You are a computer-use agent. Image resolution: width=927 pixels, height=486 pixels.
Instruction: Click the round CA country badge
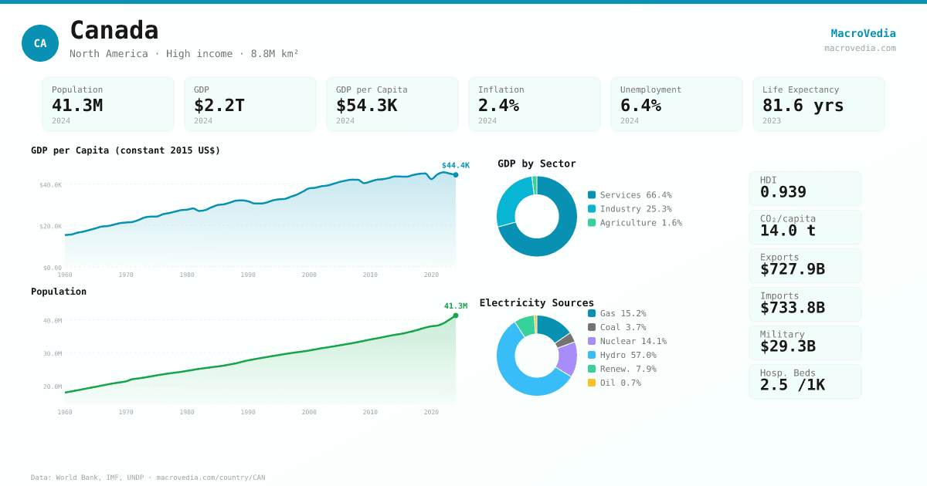(40, 43)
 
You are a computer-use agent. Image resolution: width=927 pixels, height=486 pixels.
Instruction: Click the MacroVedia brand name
(863, 33)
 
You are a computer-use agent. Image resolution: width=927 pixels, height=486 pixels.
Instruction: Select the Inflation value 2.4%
(498, 105)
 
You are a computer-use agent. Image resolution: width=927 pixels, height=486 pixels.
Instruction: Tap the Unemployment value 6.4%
(640, 105)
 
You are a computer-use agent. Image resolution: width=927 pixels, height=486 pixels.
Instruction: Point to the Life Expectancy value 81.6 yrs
(803, 105)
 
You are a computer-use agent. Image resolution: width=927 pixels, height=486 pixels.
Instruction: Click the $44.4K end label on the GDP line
(455, 165)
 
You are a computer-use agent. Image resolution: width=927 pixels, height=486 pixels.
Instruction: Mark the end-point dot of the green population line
(456, 316)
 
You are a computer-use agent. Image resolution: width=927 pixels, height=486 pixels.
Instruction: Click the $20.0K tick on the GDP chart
(51, 226)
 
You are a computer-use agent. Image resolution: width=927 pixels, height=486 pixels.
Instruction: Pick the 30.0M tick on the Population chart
(53, 353)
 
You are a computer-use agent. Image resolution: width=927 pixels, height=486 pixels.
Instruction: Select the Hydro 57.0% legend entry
(627, 356)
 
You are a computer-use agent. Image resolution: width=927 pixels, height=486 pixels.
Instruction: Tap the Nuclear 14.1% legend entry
(633, 342)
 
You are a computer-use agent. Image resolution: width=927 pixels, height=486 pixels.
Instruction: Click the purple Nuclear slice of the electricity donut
(568, 358)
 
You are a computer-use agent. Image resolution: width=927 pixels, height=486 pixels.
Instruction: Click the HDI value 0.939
(783, 192)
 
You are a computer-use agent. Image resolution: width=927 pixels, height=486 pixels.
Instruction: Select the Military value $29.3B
(787, 346)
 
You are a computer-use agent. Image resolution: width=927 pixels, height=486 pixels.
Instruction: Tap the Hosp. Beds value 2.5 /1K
(792, 385)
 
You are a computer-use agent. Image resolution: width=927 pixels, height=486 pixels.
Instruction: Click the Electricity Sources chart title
(537, 302)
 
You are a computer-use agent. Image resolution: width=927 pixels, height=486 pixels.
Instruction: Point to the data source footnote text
(148, 478)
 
